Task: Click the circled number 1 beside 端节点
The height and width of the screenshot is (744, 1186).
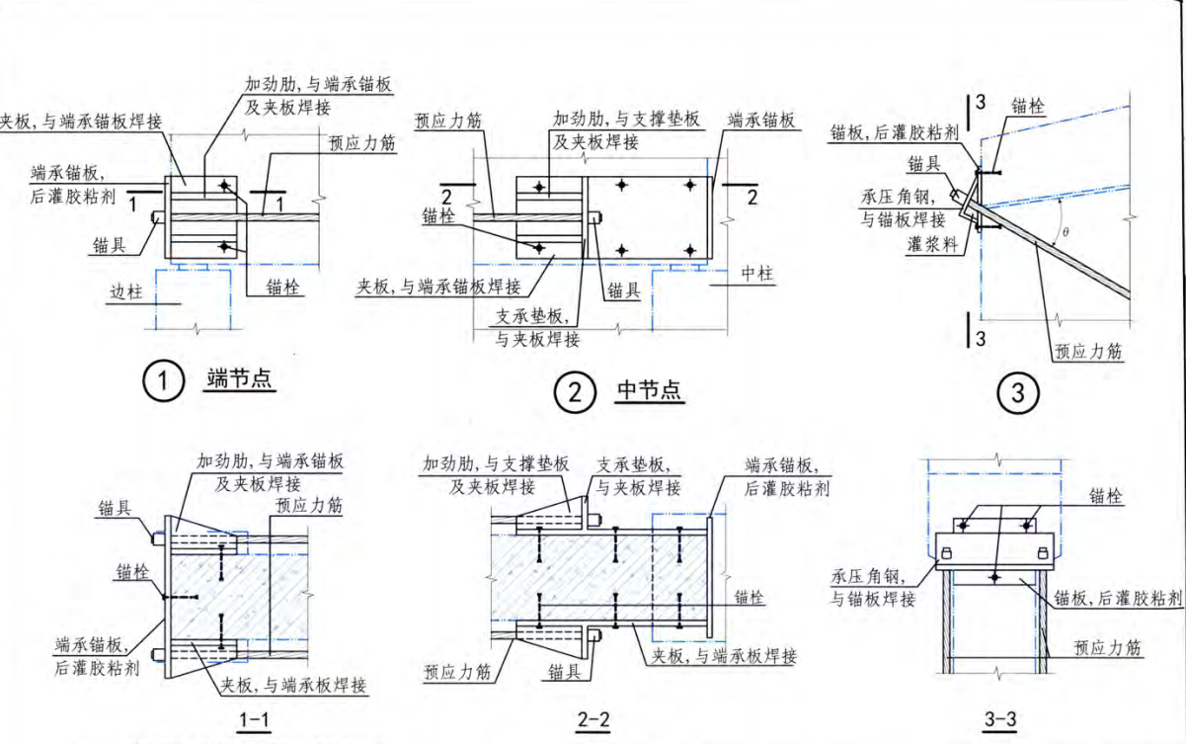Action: tap(163, 380)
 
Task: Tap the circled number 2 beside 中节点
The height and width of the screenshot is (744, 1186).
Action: tap(574, 393)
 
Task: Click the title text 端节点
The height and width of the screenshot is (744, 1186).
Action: tap(240, 378)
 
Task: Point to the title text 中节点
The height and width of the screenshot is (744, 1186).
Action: tap(649, 391)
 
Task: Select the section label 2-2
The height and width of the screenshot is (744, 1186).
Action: tap(593, 722)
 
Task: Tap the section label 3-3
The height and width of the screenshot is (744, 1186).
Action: tap(998, 722)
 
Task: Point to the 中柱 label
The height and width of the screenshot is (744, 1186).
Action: tap(757, 274)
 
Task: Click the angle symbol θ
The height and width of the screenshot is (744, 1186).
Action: tap(1064, 233)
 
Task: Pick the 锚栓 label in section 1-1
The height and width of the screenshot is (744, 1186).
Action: tap(132, 571)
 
